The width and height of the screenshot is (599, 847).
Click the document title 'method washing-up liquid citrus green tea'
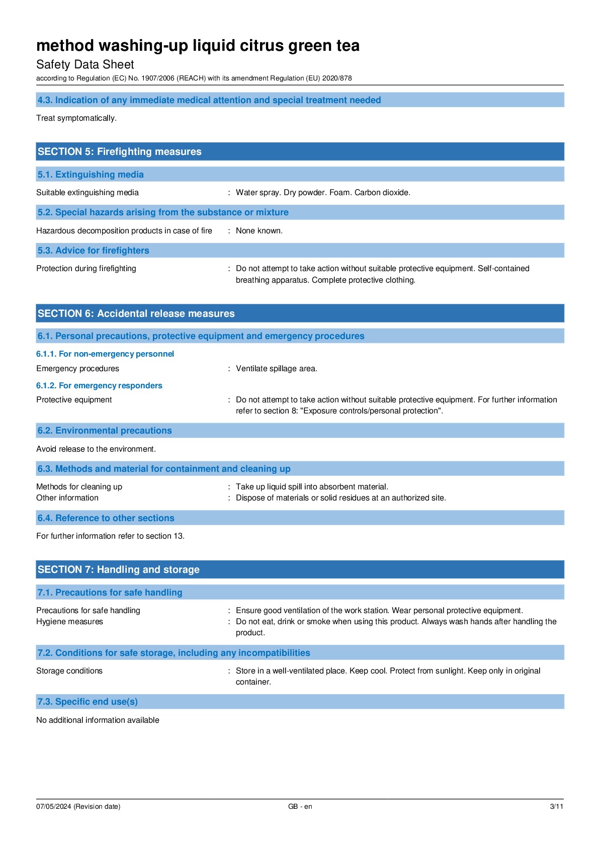coord(198,46)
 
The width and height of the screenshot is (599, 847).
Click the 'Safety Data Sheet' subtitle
coord(85,64)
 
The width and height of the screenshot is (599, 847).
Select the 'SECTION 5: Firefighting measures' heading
coord(119,151)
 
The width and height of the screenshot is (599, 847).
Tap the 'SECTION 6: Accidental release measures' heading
coord(136,313)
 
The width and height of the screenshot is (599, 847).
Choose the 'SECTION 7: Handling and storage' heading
coord(118,569)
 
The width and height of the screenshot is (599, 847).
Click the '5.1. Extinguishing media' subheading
coord(91,175)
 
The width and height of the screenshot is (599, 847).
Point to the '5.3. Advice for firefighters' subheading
coord(93,250)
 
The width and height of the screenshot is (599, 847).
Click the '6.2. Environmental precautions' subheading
coord(105,431)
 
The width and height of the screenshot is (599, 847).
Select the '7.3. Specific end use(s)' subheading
coord(88,702)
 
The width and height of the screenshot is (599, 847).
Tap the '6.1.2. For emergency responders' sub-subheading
coord(99,386)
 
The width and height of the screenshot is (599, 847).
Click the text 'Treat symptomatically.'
coord(76,118)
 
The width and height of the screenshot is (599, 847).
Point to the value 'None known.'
coord(259,231)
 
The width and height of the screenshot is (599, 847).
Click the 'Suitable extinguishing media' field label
coord(88,193)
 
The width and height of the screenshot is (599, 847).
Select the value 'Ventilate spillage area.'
coord(277,369)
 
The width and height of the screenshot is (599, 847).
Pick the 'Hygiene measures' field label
coord(69,622)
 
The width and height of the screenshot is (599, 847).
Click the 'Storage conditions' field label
coord(69,671)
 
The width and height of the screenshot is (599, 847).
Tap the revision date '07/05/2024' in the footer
coord(54,807)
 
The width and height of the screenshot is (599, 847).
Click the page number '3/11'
coord(556,807)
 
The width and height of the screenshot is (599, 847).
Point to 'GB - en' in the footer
coord(300,807)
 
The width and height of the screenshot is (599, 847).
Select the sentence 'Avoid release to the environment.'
coord(96,449)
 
